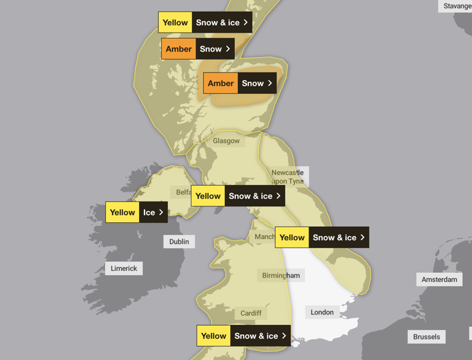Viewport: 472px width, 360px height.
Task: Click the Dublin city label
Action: [x=179, y=241]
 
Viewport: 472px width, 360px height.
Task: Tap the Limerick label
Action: [x=124, y=268]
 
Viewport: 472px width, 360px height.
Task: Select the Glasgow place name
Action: [x=226, y=141]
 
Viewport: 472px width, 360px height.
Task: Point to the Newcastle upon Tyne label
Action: [x=288, y=176]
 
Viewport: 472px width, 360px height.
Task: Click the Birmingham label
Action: [x=281, y=275]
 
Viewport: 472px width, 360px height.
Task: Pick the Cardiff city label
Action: [x=251, y=313]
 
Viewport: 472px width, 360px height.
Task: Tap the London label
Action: [x=322, y=312]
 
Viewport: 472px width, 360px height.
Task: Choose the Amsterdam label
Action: [x=439, y=280]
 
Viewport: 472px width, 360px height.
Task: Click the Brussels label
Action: [x=427, y=337]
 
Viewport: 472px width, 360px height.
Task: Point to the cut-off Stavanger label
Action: [x=457, y=6]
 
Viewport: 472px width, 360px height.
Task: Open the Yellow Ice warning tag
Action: [x=136, y=212]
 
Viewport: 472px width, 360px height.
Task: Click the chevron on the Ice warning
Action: [x=162, y=212]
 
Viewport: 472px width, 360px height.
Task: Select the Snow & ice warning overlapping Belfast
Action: [x=238, y=196]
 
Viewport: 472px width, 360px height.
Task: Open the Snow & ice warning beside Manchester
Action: [x=322, y=237]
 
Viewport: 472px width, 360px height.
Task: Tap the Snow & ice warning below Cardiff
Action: [x=243, y=336]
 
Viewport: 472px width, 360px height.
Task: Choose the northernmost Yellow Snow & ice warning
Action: [x=205, y=22]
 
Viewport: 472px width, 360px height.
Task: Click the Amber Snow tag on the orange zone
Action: [x=240, y=83]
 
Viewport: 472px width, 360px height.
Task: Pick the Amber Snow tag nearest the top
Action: [x=198, y=49]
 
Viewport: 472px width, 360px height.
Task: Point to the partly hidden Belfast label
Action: [x=183, y=192]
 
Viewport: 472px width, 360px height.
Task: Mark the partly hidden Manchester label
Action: [x=265, y=237]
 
